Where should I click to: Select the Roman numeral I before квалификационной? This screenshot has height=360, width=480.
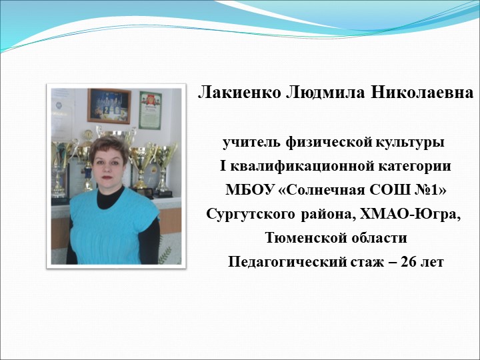click(223, 167)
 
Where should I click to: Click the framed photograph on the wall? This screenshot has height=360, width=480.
click(109, 106)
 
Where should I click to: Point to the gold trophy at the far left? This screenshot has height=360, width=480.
click(61, 163)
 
